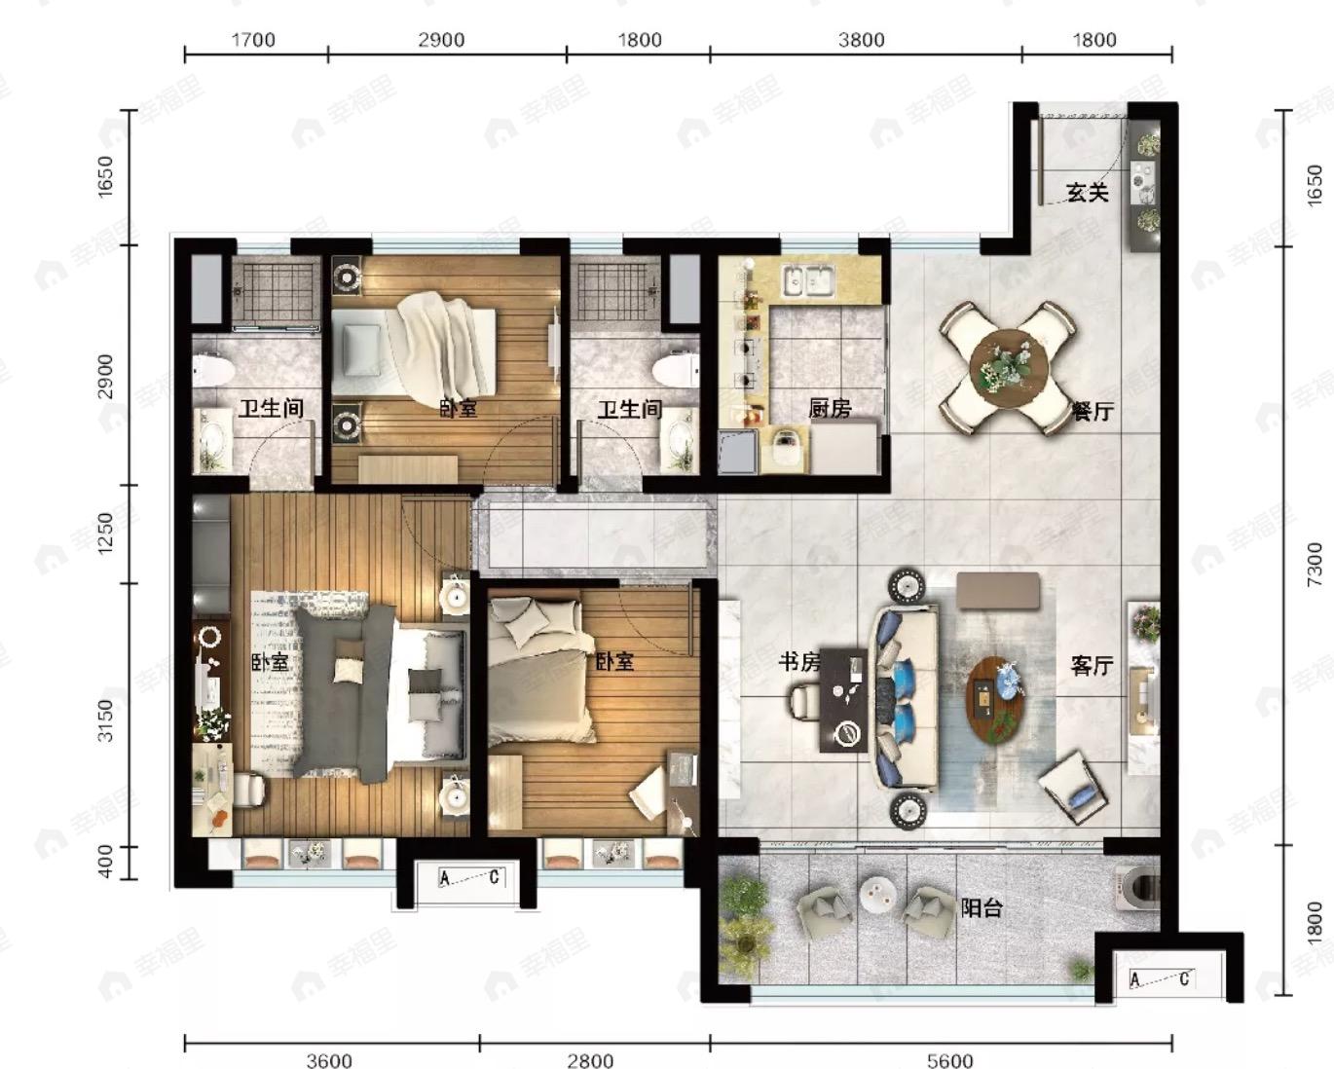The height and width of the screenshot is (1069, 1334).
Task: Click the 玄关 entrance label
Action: (1088, 192)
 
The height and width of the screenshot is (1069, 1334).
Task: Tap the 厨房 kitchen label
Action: (830, 408)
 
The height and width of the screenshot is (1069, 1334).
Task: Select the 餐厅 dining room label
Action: (1093, 411)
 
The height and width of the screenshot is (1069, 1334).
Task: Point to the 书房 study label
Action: (799, 662)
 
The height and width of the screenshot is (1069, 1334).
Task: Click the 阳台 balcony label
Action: (982, 908)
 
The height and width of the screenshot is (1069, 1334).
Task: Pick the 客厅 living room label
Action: (1093, 666)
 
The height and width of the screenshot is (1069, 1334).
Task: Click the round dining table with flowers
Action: (1009, 368)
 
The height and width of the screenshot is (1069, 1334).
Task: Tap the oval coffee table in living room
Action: (995, 699)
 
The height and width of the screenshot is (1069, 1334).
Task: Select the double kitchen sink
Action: (808, 280)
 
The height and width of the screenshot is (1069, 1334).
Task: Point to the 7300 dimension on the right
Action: (1313, 564)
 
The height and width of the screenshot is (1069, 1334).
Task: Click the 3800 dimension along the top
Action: (861, 40)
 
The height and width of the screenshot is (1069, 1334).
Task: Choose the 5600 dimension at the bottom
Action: (949, 1060)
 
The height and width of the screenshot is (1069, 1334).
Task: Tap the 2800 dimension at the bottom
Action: (590, 1060)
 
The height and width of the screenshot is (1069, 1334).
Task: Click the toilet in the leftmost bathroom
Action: (212, 370)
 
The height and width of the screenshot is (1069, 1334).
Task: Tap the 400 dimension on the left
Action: (106, 862)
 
